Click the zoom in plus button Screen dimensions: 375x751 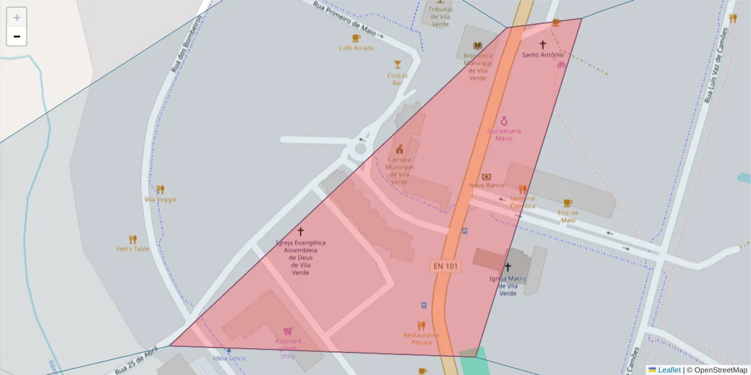coord(17,17)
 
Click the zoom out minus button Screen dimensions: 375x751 coord(17,36)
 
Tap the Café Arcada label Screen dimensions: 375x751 coord(356,47)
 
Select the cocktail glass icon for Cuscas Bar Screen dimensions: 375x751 coord(397,64)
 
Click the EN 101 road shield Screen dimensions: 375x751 coord(446,266)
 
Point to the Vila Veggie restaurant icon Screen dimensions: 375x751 coord(160,189)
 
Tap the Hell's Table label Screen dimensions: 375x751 coord(133,249)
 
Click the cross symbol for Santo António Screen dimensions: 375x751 coord(543,44)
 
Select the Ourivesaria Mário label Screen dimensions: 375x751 coord(504,134)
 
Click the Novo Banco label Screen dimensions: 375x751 coord(487,186)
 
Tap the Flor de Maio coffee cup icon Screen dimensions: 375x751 coord(568,202)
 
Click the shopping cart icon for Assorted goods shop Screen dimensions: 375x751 coord(288,331)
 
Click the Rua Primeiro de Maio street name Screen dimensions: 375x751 coord(348,19)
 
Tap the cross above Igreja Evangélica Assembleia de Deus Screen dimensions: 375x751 coord(300,231)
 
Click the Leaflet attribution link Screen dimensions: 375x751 coord(669,370)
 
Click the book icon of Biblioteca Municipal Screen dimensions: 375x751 coord(478,46)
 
